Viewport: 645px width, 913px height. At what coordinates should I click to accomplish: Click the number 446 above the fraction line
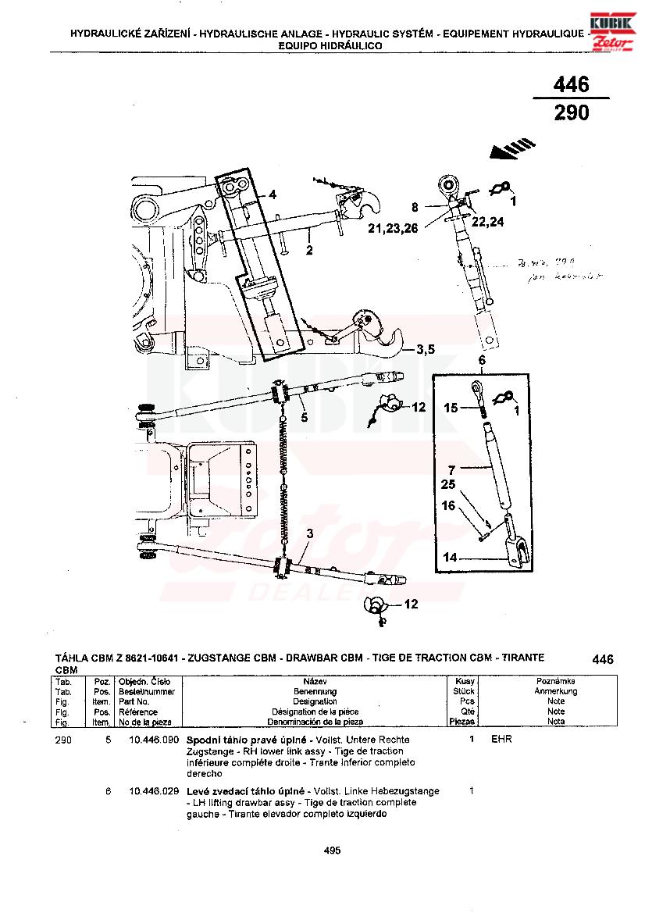(x=571, y=84)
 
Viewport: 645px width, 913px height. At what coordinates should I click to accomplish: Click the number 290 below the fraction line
(x=571, y=113)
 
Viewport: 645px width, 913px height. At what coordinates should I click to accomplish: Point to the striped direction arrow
(x=511, y=148)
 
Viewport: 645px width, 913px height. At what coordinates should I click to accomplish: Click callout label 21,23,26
(x=393, y=228)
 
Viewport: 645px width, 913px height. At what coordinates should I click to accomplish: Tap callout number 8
(x=415, y=207)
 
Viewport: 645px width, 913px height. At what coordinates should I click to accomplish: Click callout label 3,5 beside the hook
(x=425, y=348)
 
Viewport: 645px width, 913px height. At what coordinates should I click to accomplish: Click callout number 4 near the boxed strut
(x=272, y=194)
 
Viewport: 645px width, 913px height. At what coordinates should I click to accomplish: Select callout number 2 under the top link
(x=309, y=251)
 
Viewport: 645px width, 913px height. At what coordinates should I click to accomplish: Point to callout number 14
(x=451, y=558)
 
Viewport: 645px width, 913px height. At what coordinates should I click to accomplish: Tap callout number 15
(x=451, y=408)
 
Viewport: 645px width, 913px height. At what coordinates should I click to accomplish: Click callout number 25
(x=447, y=485)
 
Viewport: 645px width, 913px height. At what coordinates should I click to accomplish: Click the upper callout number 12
(x=419, y=407)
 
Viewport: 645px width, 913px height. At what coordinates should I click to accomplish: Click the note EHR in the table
(x=501, y=739)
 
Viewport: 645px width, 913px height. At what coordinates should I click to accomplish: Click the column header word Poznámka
(x=555, y=682)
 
